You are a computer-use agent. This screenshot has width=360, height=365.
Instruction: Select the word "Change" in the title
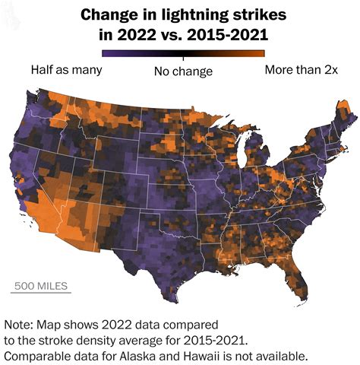coord(109,14)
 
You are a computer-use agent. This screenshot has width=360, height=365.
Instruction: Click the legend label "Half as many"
coord(66,70)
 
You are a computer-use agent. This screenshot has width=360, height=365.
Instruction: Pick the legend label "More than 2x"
coord(300,70)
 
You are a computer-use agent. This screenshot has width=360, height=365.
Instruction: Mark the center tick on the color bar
coord(183,54)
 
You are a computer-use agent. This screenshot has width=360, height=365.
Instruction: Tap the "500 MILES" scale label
coord(39,286)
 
